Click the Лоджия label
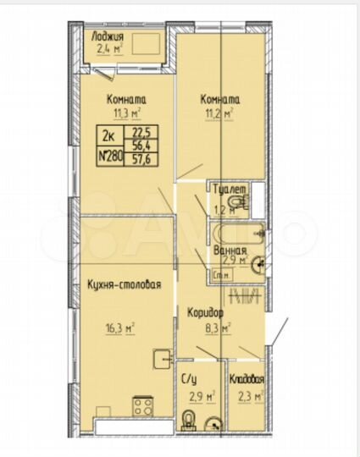pyautogui.click(x=111, y=38)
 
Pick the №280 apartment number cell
pyautogui.click(x=109, y=156)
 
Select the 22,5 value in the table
pyautogui.click(x=138, y=131)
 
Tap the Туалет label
pyautogui.click(x=230, y=190)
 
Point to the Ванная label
pyautogui.click(x=230, y=251)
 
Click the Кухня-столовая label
pyautogui.click(x=124, y=284)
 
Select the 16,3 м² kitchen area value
pyautogui.click(x=123, y=323)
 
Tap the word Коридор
pyautogui.click(x=205, y=311)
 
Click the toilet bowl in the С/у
pyautogui.click(x=191, y=421)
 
